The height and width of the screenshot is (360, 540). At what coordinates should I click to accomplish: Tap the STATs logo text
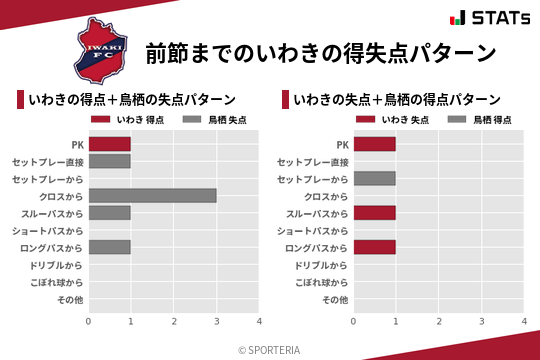pos(490,18)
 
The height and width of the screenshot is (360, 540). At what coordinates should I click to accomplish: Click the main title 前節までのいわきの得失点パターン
pos(320,52)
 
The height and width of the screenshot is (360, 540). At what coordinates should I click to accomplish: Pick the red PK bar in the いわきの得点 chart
pos(109,144)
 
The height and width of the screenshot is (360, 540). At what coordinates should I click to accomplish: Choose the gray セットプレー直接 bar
pos(109,161)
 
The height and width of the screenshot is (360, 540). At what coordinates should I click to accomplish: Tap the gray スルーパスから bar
pos(109,213)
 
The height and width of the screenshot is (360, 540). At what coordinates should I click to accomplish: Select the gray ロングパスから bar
pos(109,247)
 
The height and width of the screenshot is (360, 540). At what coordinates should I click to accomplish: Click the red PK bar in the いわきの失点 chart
pos(374,144)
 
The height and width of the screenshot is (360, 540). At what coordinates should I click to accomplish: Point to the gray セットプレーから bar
pos(374,178)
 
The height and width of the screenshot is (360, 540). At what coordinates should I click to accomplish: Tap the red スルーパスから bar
pos(374,213)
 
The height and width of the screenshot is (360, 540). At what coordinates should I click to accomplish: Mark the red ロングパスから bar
pos(374,247)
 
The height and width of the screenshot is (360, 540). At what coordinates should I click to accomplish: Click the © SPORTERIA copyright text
pos(270,349)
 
